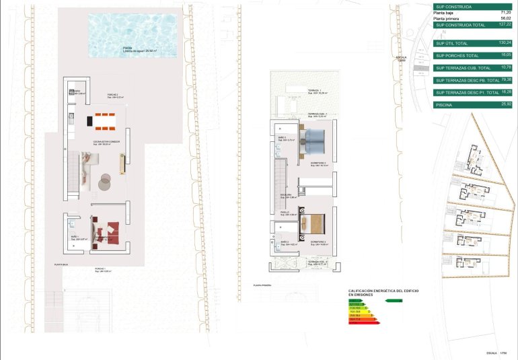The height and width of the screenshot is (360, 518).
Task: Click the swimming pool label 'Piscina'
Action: click(x=128, y=48)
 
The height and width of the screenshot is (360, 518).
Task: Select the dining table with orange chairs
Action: click(x=105, y=122)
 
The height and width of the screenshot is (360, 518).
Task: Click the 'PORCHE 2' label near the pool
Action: click(x=112, y=95)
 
